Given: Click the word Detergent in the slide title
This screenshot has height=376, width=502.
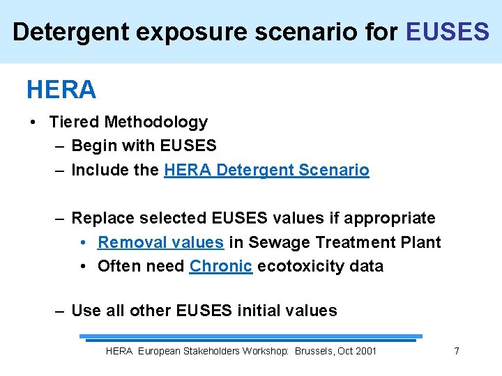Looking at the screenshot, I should click(61, 31).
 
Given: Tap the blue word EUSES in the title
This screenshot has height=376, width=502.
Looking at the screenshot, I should click(447, 31).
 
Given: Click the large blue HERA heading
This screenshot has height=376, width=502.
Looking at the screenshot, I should click(61, 90).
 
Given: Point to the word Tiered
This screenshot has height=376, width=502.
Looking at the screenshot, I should click(75, 122).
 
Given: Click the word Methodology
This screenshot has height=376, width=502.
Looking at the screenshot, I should click(155, 122).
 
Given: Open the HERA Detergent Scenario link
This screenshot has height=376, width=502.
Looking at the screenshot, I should click(266, 170).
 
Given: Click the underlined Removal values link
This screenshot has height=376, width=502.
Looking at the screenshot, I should click(160, 242).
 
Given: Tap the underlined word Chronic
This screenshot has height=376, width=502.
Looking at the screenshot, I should click(220, 266).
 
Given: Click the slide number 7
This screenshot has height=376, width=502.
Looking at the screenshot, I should click(457, 351).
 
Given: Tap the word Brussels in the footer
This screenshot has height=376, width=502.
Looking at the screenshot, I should click(314, 351).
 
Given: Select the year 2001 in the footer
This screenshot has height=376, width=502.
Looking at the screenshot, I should click(366, 351).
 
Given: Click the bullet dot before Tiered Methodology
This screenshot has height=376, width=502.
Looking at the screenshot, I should click(33, 123).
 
